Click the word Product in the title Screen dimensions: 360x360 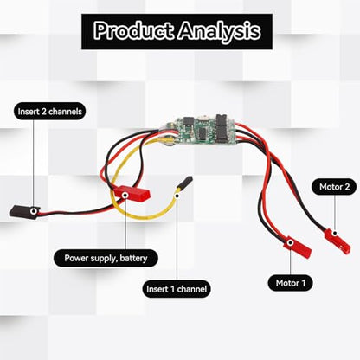(134, 31)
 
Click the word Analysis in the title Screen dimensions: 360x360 (219, 31)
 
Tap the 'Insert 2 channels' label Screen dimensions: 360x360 (50, 112)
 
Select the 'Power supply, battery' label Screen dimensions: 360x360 (106, 258)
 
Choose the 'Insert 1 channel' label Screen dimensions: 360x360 (177, 289)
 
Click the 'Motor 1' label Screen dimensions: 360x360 (291, 283)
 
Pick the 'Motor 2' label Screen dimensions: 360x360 (334, 187)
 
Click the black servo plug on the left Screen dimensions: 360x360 (24, 212)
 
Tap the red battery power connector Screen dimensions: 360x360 (132, 194)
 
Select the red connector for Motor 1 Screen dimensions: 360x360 (298, 247)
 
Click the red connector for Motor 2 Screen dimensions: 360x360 (337, 241)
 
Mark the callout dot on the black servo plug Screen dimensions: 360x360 (34, 211)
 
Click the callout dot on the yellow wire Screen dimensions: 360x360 (177, 196)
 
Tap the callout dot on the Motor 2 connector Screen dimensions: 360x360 (335, 233)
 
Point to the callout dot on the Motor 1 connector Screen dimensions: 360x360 (291, 243)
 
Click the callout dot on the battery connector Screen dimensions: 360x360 (125, 196)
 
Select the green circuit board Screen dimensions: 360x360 (199, 131)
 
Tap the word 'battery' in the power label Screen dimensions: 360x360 (133, 258)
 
